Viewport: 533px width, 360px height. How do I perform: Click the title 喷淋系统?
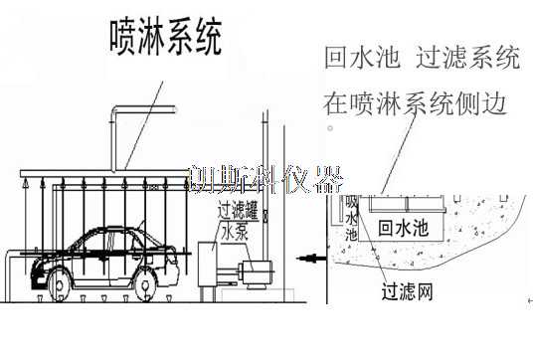click(164, 37)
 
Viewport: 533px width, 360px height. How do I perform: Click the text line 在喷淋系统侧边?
click(422, 101)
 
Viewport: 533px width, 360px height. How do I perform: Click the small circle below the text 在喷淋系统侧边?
click(329, 128)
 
